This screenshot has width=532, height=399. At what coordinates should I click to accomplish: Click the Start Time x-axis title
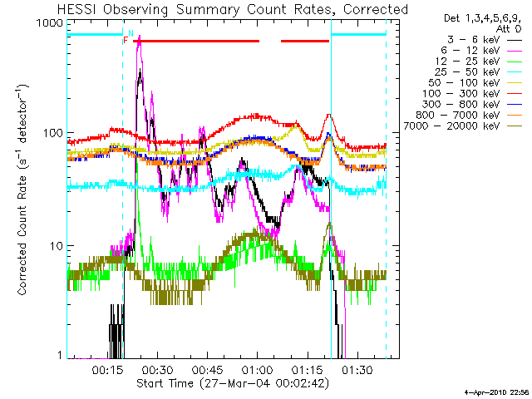[x=233, y=384]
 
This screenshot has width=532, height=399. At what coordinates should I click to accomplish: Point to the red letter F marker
[x=126, y=40]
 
